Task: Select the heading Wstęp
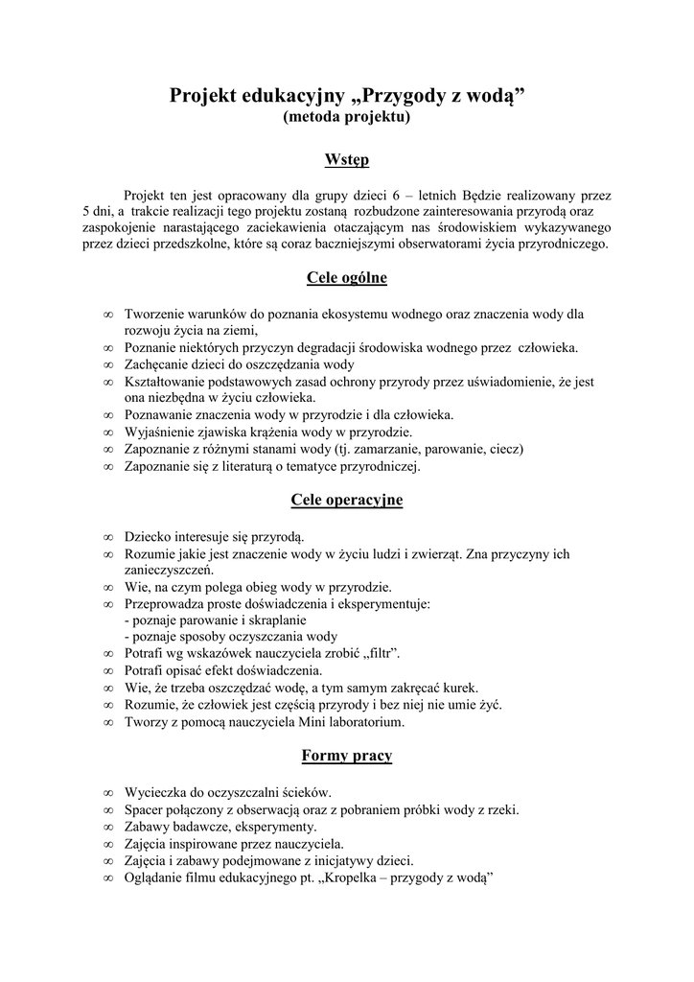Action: pos(347,159)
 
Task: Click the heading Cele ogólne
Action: pos(347,278)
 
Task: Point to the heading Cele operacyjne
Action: pos(347,500)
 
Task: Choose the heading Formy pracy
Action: pos(347,756)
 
